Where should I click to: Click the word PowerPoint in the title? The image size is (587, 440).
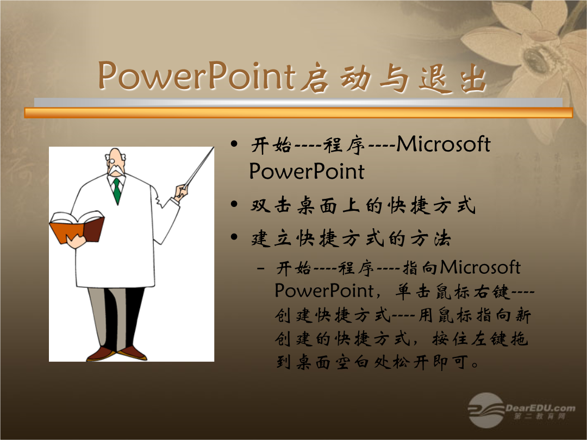tap(197, 76)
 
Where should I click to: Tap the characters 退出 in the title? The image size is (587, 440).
tap(453, 79)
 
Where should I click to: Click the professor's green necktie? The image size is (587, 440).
tap(117, 191)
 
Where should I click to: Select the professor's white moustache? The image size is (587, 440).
tap(116, 171)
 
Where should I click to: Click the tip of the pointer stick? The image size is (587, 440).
tap(214, 148)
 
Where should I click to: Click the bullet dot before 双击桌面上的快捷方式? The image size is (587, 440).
tap(234, 204)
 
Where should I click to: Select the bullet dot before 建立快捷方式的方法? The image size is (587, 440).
tap(234, 237)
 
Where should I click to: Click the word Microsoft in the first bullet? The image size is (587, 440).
tap(444, 144)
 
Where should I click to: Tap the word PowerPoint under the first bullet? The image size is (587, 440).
tap(307, 171)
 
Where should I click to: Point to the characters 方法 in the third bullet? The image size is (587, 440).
tap(430, 238)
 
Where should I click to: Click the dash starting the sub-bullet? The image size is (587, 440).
tap(261, 268)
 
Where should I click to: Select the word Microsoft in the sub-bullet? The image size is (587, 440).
tap(480, 267)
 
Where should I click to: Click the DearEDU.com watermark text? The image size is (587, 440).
tap(540, 408)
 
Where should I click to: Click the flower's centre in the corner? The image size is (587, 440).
tap(535, 59)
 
